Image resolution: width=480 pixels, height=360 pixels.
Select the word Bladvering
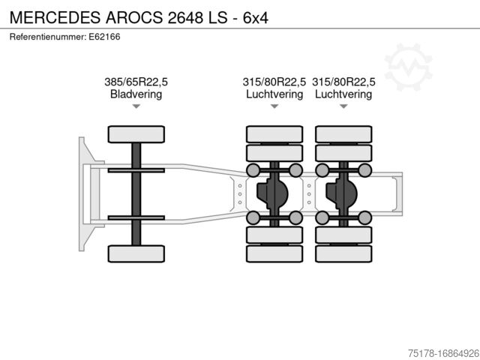tap(136, 94)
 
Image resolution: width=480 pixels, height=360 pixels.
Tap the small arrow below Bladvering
tap(136, 107)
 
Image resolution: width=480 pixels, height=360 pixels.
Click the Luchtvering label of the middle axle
tap(274, 94)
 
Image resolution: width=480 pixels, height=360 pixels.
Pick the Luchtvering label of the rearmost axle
tap(343, 94)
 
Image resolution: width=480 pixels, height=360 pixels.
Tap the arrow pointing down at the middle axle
tap(274, 107)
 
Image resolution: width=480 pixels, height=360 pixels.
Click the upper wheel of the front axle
tap(136, 134)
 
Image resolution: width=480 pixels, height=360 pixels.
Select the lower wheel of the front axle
tap(136, 253)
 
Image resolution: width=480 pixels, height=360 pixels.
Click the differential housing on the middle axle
tap(271, 194)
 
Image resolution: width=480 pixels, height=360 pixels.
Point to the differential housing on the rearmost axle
tap(340, 194)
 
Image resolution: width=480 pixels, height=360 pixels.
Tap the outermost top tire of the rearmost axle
tap(343, 134)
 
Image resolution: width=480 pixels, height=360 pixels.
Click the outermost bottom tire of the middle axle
tap(274, 253)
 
